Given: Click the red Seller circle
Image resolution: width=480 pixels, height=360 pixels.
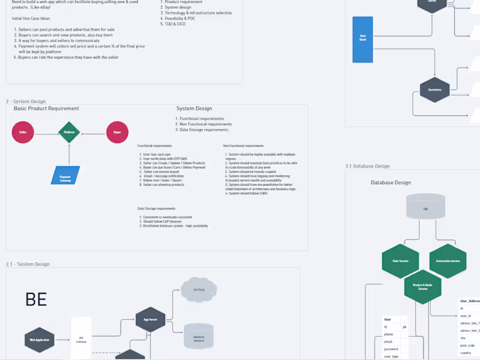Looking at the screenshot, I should coord(23,132).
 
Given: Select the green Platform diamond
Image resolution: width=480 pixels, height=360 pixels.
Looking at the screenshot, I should coord(69,132).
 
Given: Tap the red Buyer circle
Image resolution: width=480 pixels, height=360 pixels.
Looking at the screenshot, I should coord(117,132).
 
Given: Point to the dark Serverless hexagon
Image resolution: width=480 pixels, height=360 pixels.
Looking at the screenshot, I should coord(435,90).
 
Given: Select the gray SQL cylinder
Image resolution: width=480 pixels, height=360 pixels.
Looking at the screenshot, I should coord(425,206).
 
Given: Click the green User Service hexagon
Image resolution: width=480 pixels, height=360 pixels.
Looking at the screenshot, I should coord(400,261).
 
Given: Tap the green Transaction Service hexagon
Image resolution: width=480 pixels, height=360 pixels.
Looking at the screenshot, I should coord(448,261).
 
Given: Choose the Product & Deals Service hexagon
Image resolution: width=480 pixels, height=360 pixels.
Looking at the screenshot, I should coord(423,287).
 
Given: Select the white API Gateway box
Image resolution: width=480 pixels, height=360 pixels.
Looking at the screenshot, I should coord(81,339).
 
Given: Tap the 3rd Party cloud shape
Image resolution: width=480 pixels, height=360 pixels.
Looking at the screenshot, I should coord(200,290).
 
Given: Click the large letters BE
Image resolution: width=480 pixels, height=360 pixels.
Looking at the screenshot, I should coord(36,299).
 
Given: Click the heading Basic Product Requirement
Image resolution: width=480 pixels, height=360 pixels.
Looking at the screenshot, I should coord(46,109).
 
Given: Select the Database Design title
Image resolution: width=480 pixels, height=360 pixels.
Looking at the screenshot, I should coord(391,182).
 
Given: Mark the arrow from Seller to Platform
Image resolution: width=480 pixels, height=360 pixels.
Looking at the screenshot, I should coord(46,132).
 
